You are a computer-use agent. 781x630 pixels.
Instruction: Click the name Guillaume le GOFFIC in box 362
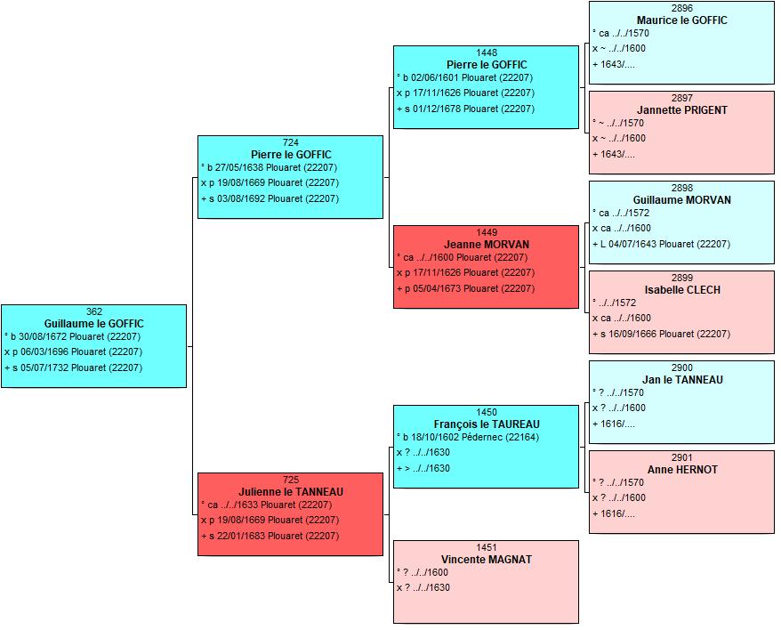93,324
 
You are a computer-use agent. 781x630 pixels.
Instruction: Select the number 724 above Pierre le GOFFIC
290,142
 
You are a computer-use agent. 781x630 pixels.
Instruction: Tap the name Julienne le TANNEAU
290,492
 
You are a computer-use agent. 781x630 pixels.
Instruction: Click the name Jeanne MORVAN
487,244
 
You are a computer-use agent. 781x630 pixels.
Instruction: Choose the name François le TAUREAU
487,424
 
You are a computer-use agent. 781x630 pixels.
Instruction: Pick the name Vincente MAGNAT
487,559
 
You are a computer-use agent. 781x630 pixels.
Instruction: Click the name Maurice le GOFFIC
681,20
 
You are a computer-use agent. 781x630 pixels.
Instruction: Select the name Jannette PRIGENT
681,110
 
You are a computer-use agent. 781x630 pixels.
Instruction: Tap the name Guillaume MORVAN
681,200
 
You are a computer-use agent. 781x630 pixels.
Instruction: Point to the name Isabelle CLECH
682,289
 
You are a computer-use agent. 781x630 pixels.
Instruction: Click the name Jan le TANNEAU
682,380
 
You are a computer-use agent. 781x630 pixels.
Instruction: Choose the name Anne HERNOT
682,470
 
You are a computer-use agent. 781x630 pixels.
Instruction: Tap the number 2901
682,457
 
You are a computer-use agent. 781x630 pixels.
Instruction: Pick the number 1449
487,233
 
